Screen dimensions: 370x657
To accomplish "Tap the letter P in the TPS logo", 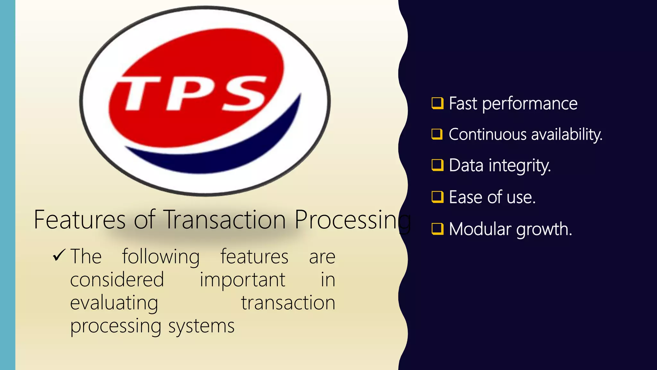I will point(186,93).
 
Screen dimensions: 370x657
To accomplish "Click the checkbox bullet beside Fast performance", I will point(437,103).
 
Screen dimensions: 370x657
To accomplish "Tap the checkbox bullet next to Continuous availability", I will point(437,134).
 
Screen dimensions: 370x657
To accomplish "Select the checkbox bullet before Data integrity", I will point(437,165).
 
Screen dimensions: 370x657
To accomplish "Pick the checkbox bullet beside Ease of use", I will point(437,197).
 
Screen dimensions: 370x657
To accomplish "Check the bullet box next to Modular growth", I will point(437,229).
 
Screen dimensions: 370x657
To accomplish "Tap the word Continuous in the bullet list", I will point(487,134).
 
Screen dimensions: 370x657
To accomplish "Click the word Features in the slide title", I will point(80,220).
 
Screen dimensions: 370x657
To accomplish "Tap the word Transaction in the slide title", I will point(225,220).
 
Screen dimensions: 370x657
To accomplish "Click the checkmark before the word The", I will point(59,256).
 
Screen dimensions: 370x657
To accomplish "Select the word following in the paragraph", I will point(161,257).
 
